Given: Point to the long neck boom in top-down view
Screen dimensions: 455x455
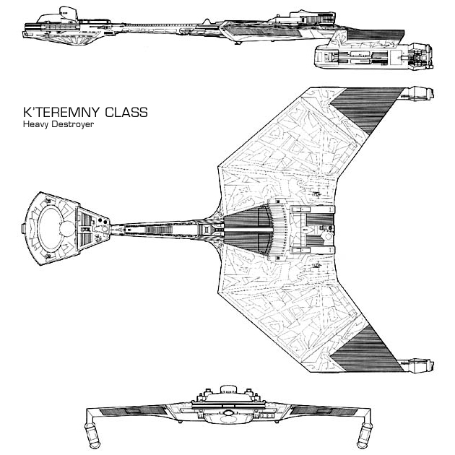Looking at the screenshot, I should coord(159,227).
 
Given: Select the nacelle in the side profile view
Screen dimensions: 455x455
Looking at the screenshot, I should coord(376,58).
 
